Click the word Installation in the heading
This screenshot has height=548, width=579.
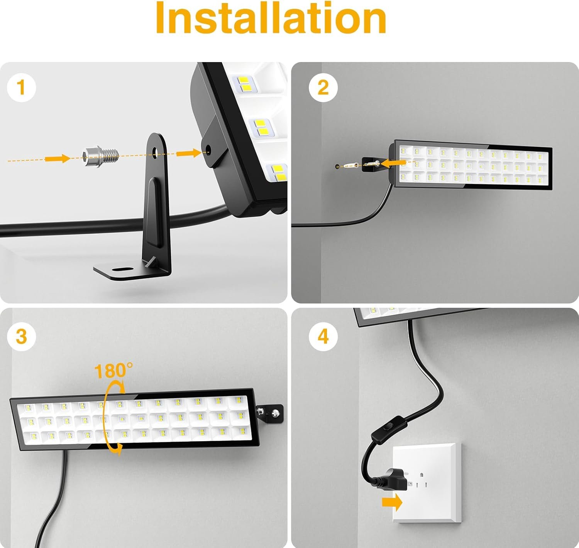click(271, 18)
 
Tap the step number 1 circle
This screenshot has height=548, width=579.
click(21, 88)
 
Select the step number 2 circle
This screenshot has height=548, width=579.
click(323, 88)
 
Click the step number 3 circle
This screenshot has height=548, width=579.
click(21, 336)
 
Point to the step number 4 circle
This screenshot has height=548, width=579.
click(323, 336)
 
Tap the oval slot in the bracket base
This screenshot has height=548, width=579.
click(122, 269)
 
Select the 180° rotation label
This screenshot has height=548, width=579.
click(113, 371)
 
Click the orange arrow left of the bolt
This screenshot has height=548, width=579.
click(58, 158)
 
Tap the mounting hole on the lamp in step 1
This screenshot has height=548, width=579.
click(208, 150)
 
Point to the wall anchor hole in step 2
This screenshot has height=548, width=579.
click(337, 167)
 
